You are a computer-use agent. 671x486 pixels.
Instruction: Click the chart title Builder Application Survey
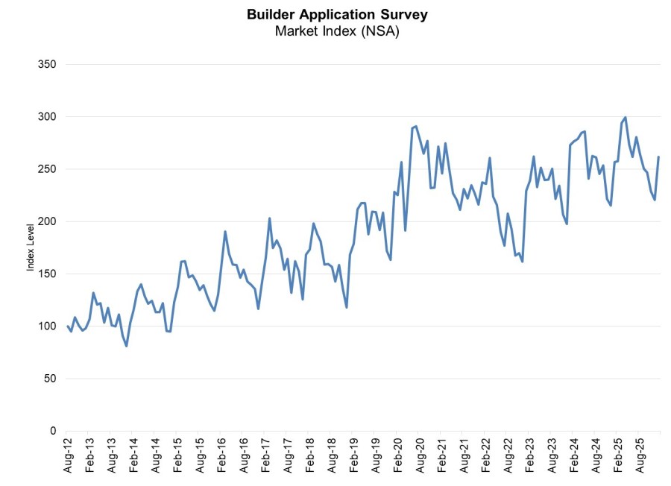point(337,14)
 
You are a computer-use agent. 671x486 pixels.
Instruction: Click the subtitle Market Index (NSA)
point(337,31)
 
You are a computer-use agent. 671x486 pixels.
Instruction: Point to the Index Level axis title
point(31,247)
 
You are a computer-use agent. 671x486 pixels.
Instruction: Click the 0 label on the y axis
point(52,431)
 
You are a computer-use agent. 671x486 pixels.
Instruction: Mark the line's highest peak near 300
point(625,118)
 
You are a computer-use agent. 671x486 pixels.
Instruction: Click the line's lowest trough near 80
point(127,346)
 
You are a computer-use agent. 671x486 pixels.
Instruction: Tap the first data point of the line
point(67,326)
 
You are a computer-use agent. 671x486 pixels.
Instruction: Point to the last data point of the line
point(658,157)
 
